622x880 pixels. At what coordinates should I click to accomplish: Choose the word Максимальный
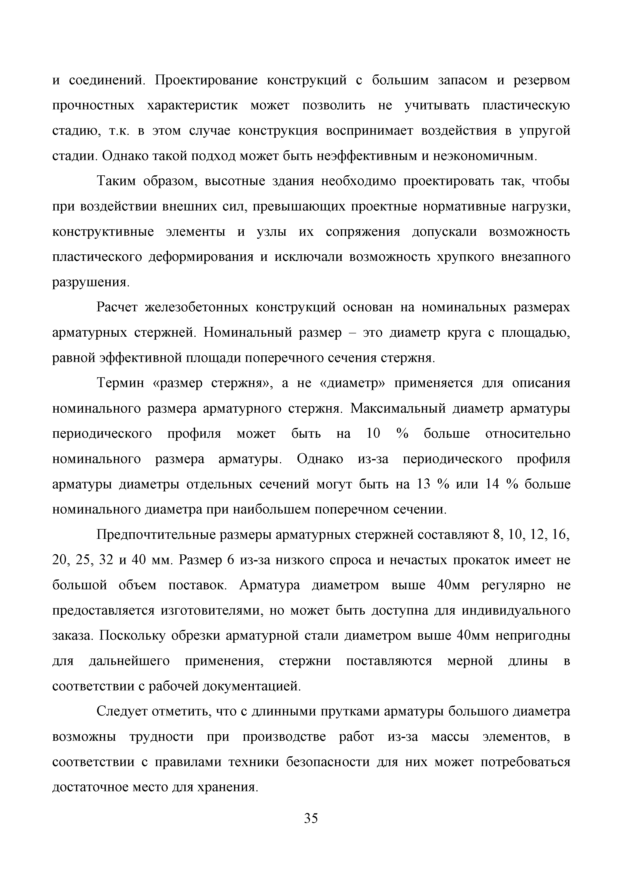point(398,408)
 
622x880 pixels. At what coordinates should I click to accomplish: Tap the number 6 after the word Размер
point(230,560)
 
